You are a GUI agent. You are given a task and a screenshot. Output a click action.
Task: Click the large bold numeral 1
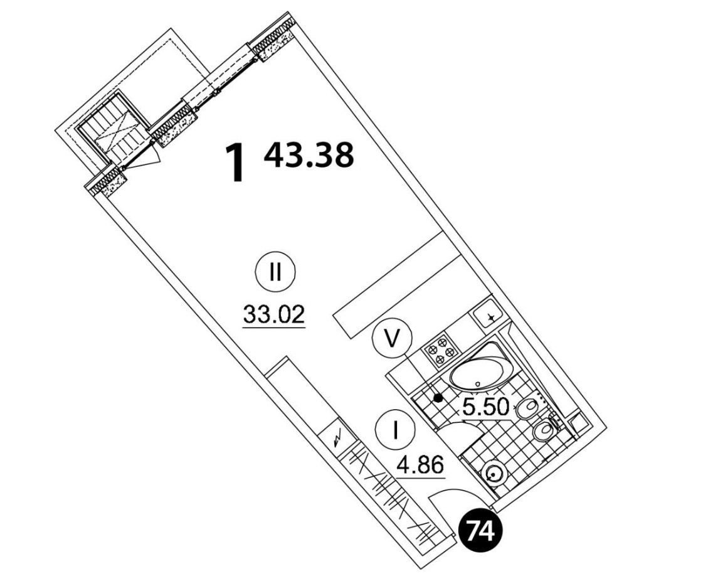[x=236, y=163]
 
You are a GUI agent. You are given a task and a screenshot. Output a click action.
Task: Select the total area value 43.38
[x=309, y=154]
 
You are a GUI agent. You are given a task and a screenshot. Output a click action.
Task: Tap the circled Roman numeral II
[x=275, y=272]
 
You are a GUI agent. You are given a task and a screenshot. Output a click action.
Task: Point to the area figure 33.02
[x=274, y=314]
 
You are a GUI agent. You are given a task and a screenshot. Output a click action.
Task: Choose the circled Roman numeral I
[x=395, y=430]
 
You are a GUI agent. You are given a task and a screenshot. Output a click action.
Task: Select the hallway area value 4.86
[x=421, y=465]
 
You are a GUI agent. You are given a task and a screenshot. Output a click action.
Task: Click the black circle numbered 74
[x=480, y=531]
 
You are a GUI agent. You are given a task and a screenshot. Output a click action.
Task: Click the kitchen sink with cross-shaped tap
[x=490, y=316]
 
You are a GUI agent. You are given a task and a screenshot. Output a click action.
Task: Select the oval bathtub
[x=482, y=366]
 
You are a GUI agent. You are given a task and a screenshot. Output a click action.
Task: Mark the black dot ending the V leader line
[x=438, y=398]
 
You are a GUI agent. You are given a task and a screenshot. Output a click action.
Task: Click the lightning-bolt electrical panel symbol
[x=338, y=438]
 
